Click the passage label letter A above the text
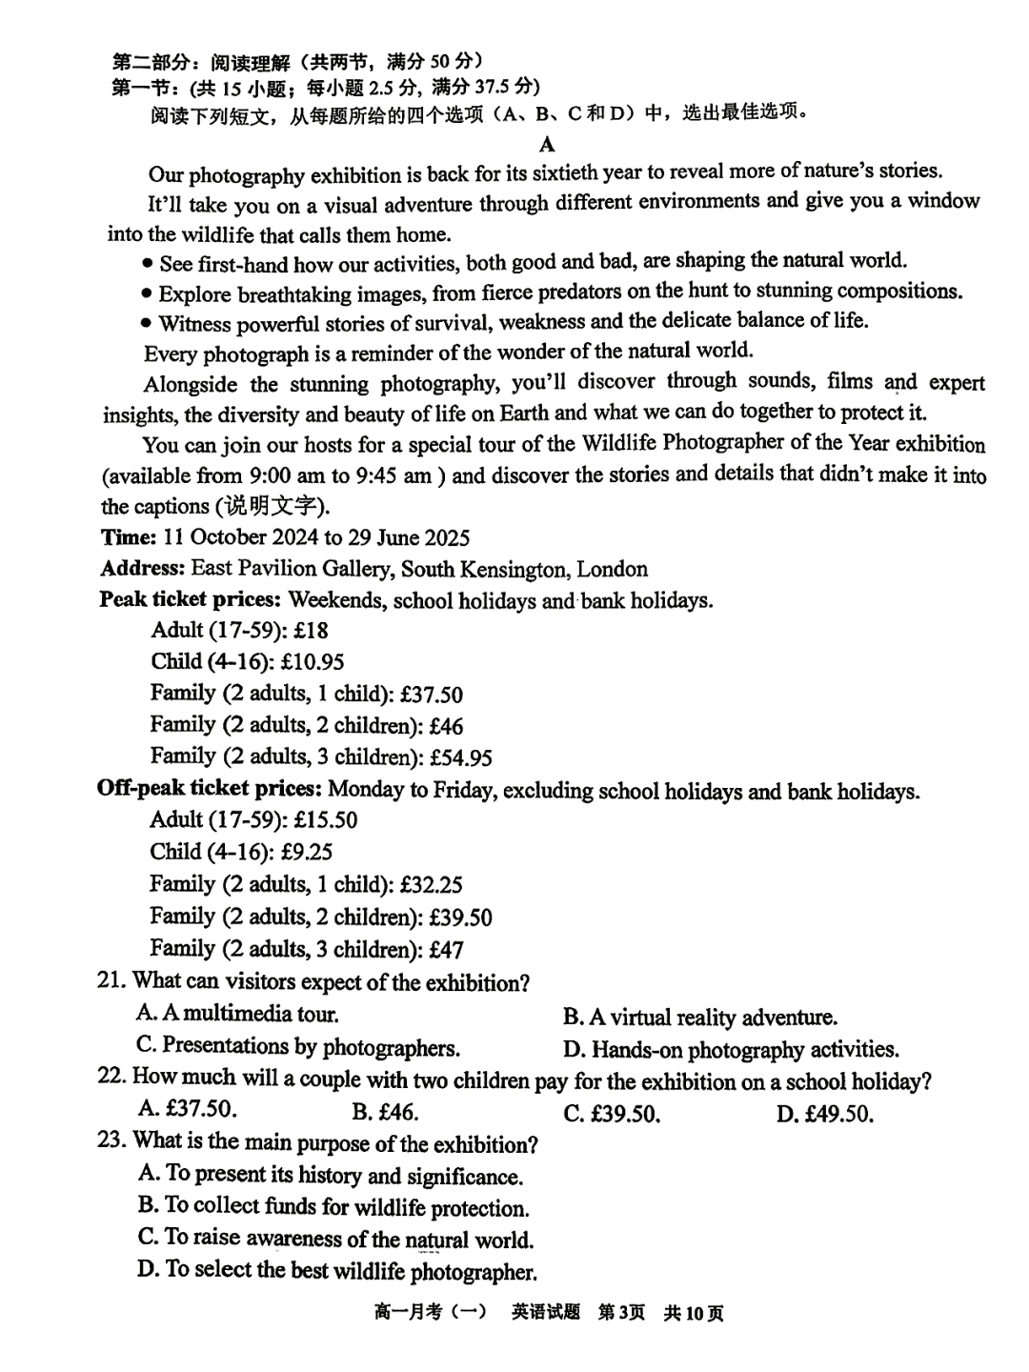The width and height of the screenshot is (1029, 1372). (547, 145)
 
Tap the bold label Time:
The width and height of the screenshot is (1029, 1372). (129, 537)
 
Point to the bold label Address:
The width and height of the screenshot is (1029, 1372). (143, 569)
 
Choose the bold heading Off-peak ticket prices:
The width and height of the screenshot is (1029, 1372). (210, 790)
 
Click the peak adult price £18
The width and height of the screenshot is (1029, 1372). (312, 631)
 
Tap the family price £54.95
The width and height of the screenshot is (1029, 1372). (461, 758)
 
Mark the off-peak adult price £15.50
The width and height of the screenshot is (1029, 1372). (326, 820)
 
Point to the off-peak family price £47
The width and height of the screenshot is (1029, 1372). (446, 950)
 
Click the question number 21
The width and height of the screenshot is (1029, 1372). (111, 981)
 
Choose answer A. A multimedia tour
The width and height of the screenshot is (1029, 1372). (237, 1014)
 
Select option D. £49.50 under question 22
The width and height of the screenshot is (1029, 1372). (824, 1114)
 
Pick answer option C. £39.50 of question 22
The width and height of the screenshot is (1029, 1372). (612, 1114)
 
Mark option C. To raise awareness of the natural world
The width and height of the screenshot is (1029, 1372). (335, 1239)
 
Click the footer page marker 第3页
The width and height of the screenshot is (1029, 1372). (621, 1313)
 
